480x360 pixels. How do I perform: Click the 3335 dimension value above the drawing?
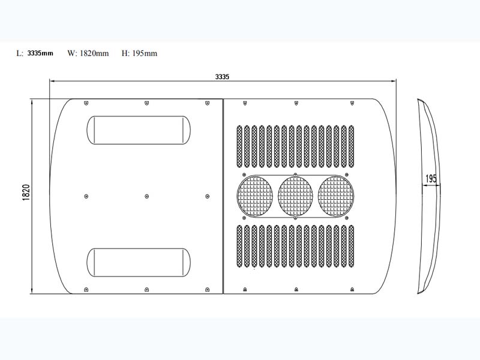223,76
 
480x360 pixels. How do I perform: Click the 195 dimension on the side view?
430,179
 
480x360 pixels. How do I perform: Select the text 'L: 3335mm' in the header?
35,53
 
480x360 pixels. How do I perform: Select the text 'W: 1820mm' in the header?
88,53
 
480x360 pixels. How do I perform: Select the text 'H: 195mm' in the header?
139,53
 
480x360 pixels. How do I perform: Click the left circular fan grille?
254,196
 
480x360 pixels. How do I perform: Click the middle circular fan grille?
296,196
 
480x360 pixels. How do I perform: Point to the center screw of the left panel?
147,196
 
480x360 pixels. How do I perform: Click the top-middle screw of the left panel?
147,103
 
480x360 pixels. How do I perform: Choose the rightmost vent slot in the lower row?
352,246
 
